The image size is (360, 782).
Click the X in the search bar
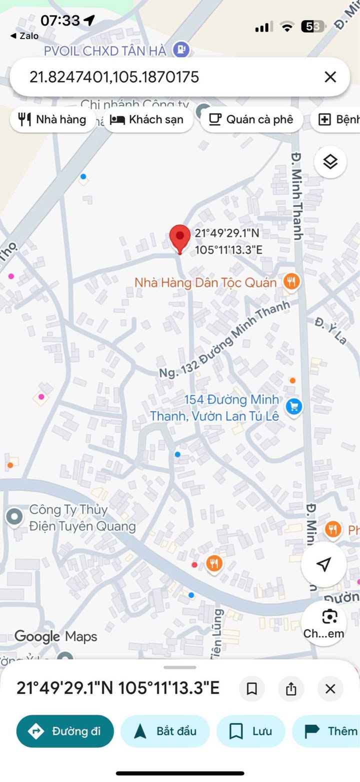click(x=330, y=77)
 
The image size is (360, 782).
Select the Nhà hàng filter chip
click(x=52, y=120)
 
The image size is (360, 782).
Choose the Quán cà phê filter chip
click(x=251, y=120)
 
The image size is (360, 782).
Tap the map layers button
click(x=330, y=162)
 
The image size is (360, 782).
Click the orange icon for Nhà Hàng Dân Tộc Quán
click(x=291, y=282)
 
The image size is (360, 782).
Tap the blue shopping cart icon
click(x=293, y=406)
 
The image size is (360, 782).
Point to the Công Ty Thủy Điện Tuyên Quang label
click(x=82, y=518)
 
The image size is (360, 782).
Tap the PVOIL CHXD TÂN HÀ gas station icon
click(x=179, y=49)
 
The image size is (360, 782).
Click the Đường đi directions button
click(x=65, y=731)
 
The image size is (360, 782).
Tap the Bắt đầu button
click(x=166, y=731)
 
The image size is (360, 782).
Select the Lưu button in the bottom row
click(x=250, y=731)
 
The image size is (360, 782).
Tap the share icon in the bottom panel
click(x=291, y=688)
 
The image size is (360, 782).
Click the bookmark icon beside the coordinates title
click(x=252, y=688)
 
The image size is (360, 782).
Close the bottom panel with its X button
click(x=330, y=688)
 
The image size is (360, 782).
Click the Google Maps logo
click(x=55, y=636)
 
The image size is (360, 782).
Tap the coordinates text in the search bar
click(x=114, y=77)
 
